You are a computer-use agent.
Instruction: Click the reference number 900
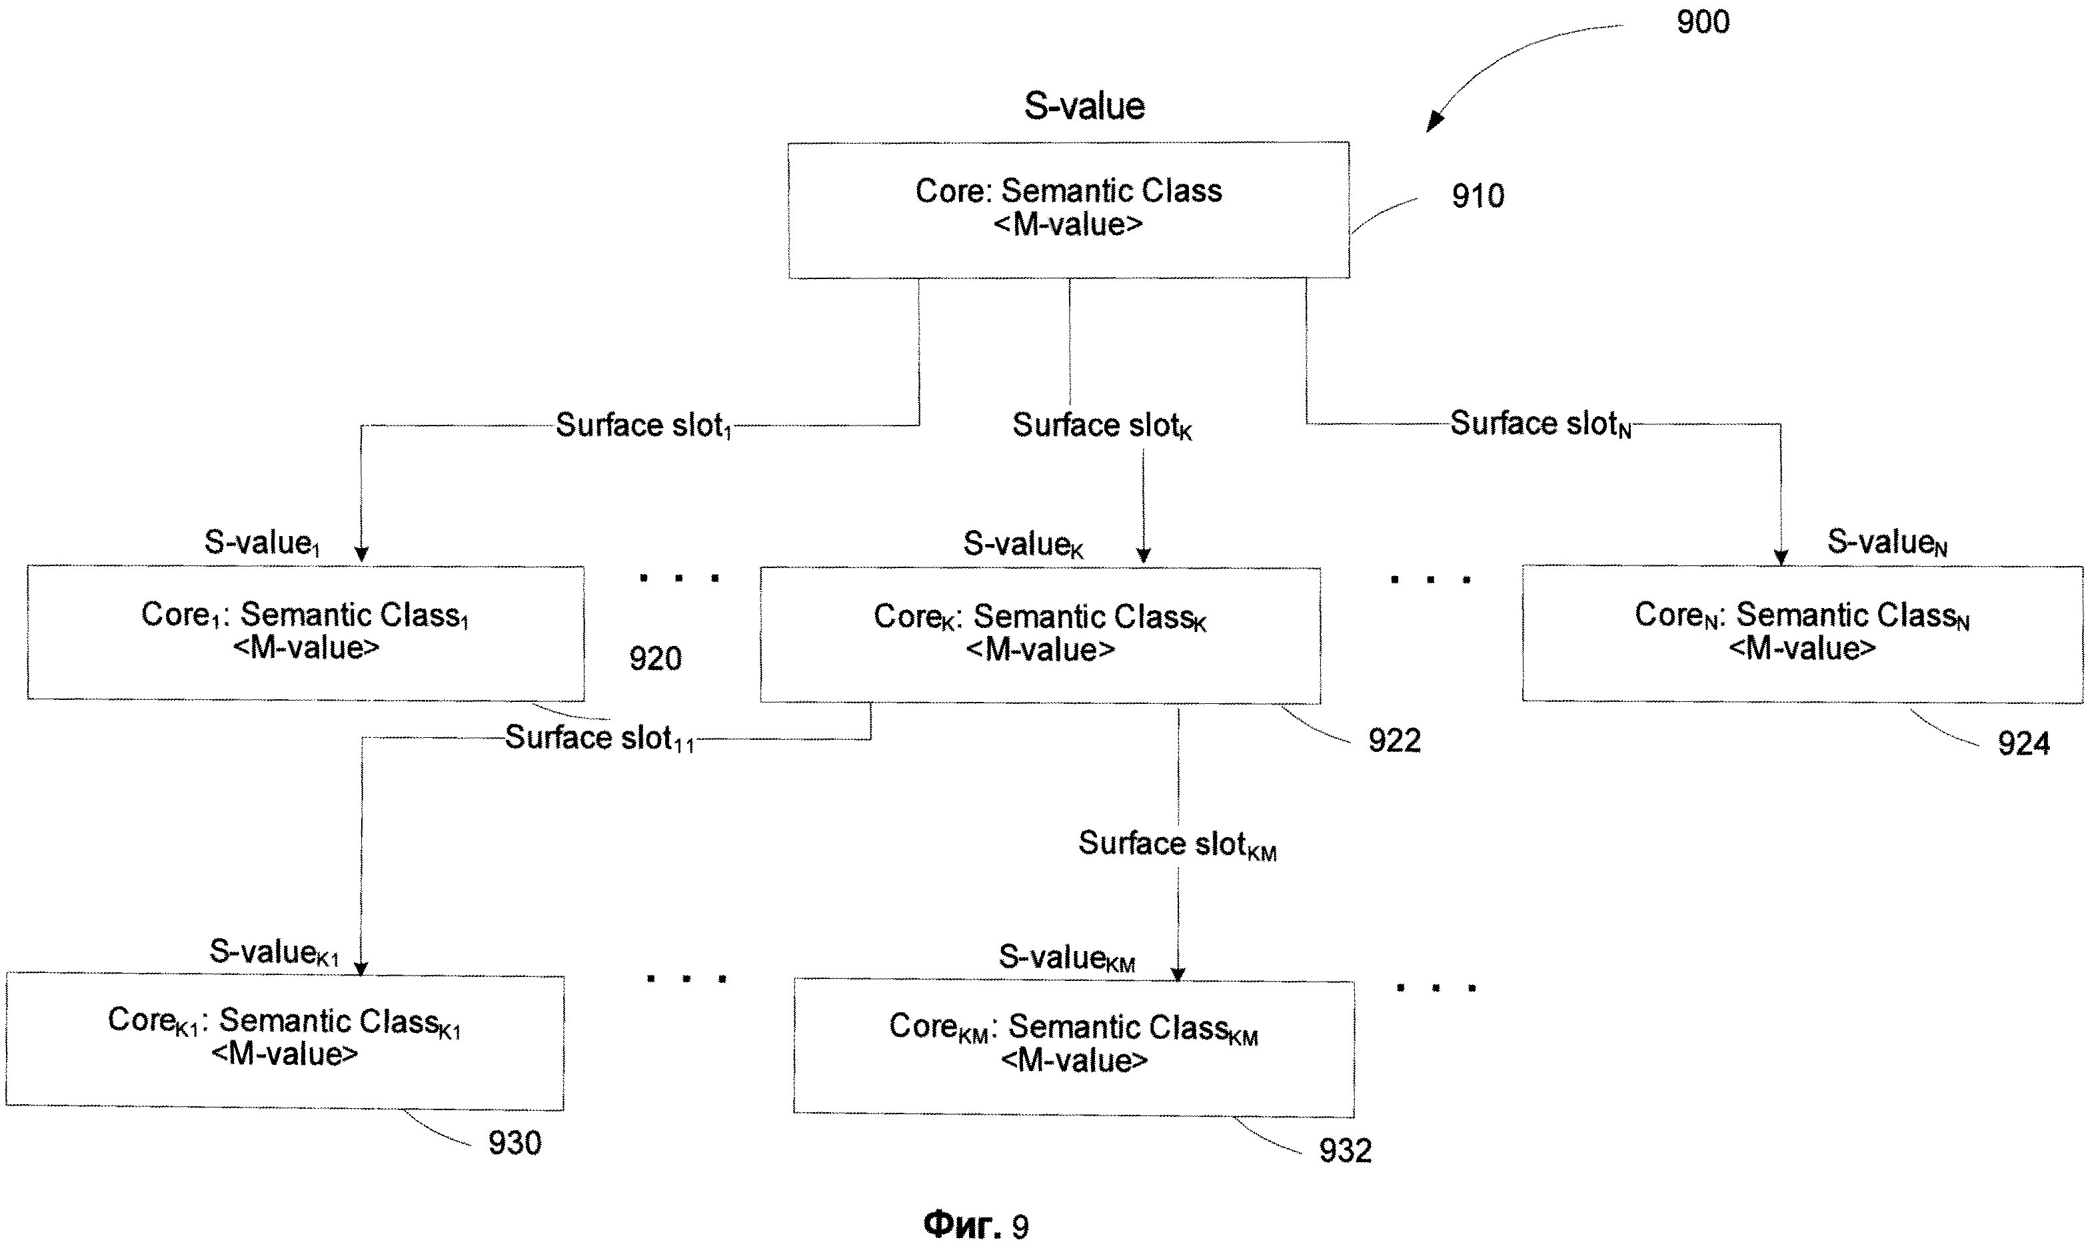tap(1702, 22)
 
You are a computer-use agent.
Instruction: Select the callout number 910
tap(1478, 196)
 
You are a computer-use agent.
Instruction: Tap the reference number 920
tap(655, 658)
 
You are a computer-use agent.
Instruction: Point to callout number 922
tap(1394, 741)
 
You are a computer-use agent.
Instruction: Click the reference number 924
tap(2023, 744)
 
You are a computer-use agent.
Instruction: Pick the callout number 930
tap(514, 1143)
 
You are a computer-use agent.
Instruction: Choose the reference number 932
tap(1345, 1151)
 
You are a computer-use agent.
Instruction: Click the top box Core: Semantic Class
tap(1068, 210)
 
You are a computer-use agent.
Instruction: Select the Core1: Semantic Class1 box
tap(305, 633)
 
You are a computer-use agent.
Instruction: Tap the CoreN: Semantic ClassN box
tap(1802, 633)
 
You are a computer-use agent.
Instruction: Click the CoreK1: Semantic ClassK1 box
tap(284, 1040)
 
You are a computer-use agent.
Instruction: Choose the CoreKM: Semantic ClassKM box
tap(1074, 1046)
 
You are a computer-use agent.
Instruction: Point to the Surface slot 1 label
tap(644, 426)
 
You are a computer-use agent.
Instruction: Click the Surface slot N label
tap(1540, 424)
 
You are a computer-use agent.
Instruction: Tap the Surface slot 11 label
tap(599, 739)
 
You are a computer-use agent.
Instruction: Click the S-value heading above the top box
tap(1084, 106)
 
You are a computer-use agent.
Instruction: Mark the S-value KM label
tap(1066, 958)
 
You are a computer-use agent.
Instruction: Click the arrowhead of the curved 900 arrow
tap(1433, 125)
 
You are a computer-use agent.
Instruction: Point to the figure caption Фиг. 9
tap(976, 1225)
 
